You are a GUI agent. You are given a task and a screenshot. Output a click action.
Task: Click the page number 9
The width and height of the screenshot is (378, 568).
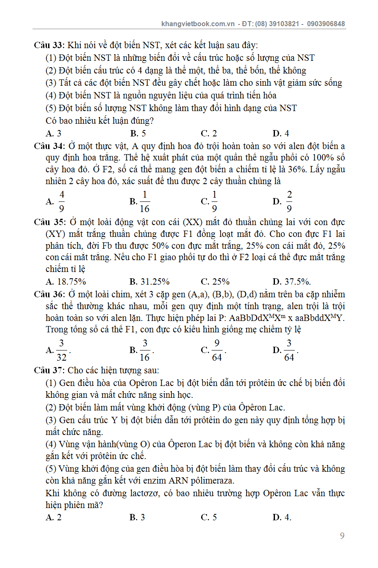point(342,536)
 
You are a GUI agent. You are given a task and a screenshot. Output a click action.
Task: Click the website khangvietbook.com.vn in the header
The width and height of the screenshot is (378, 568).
point(198,24)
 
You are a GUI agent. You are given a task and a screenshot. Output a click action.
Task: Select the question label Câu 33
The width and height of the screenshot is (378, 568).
point(48,45)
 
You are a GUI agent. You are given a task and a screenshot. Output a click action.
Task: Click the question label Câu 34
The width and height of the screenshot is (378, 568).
point(48,146)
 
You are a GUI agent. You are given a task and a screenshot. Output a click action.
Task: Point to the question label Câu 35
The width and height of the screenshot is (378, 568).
point(48,222)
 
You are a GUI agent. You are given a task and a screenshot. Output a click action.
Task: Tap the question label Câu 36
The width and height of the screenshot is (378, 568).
point(48,294)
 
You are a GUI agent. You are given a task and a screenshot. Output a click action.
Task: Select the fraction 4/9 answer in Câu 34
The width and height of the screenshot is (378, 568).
point(62,201)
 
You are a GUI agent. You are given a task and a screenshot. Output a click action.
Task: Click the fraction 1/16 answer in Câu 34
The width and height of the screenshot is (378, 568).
point(145,201)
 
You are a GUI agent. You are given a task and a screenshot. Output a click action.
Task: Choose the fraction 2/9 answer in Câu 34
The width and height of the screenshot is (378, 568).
point(289,201)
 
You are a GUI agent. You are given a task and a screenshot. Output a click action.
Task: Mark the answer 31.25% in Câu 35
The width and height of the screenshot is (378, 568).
point(155,282)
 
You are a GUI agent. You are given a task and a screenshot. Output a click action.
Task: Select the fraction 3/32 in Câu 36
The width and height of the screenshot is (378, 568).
point(62,350)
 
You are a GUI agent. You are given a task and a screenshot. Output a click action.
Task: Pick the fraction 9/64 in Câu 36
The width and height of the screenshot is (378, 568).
point(217,350)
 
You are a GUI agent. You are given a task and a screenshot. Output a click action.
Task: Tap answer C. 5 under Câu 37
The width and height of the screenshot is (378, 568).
point(209,517)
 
